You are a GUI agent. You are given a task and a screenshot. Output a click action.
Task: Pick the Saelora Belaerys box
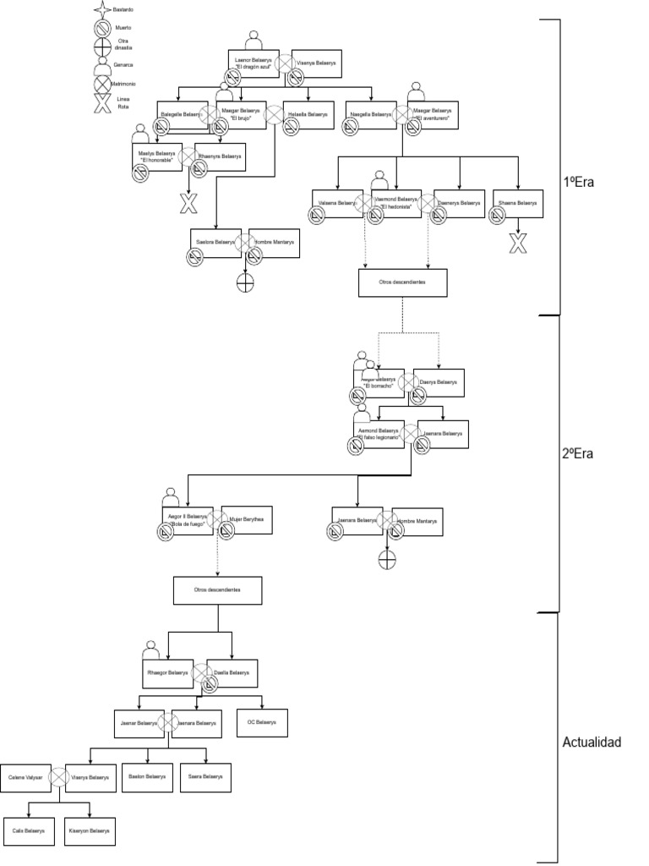tap(215, 243)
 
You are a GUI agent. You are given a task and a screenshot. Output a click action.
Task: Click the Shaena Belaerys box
tap(516, 204)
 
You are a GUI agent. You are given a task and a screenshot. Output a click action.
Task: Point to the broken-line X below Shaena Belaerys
tap(517, 244)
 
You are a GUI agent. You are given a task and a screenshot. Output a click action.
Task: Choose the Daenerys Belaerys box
tap(459, 204)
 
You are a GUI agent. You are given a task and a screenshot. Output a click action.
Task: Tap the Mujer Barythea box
tap(248, 519)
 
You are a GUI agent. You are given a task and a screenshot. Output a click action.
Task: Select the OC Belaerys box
tap(262, 722)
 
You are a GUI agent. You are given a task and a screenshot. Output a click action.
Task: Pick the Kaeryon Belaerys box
tap(89, 830)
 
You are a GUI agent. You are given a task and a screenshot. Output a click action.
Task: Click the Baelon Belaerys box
tap(147, 776)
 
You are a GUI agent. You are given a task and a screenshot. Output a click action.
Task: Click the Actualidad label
tap(592, 743)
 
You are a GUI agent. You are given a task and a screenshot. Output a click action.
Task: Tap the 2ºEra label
tap(578, 454)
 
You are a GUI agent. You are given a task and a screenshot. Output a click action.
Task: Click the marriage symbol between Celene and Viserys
tap(59, 776)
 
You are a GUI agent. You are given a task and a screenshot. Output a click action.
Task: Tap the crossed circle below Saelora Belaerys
tap(246, 283)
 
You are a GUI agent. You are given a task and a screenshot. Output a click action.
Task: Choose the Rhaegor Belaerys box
tap(167, 673)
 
